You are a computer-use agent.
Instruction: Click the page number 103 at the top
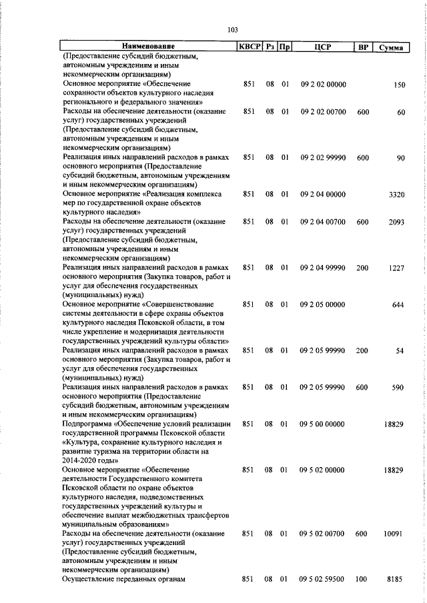pos(233,30)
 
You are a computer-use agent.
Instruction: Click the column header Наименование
pos(148,47)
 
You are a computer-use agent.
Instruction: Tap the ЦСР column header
pos(323,47)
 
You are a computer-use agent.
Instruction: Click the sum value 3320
pos(396,194)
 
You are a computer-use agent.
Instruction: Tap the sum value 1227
pos(396,267)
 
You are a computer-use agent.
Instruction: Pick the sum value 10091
pos(394,552)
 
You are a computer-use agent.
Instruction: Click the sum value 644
pos(398,304)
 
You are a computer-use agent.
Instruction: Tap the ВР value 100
pos(362,580)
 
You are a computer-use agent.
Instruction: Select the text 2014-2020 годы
pos(90,460)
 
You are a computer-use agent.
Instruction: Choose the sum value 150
pos(400,85)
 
